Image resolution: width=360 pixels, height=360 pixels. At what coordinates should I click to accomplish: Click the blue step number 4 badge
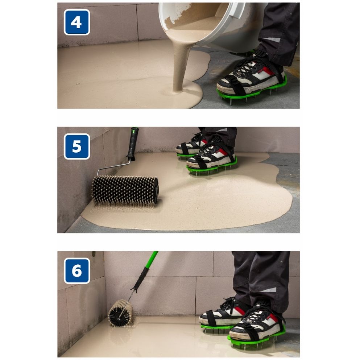click(x=77, y=22)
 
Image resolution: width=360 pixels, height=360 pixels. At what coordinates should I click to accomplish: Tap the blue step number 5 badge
click(x=77, y=146)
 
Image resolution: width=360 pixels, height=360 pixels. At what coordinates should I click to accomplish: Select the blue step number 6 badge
click(x=77, y=271)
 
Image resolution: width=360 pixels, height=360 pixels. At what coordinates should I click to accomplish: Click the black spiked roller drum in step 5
click(x=125, y=191)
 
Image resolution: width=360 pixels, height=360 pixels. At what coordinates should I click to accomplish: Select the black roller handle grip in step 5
click(x=133, y=144)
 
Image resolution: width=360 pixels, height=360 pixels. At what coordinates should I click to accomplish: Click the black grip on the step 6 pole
click(x=140, y=279)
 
